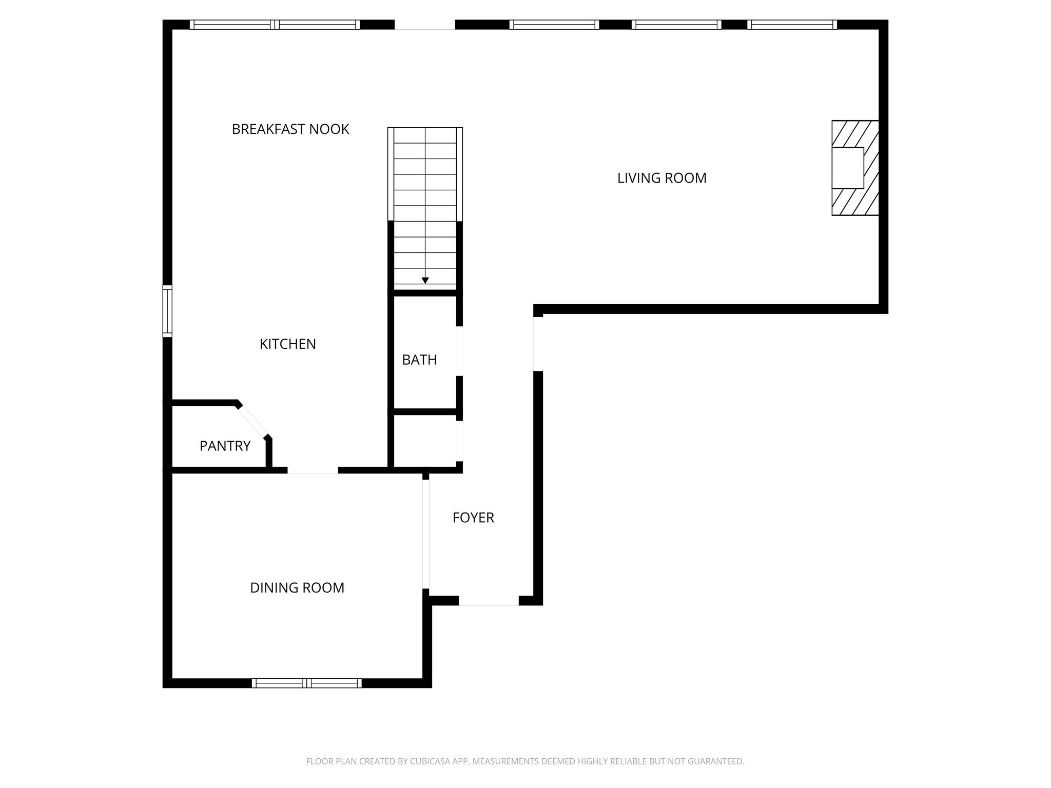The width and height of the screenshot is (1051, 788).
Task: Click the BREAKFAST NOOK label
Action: (x=290, y=129)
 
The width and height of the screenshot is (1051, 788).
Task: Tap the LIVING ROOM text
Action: (x=661, y=178)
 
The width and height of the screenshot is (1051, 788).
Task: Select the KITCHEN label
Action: (x=287, y=344)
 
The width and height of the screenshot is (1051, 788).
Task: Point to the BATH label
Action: (x=419, y=360)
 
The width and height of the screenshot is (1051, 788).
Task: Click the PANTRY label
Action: (x=225, y=446)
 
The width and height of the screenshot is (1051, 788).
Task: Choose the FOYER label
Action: (x=473, y=518)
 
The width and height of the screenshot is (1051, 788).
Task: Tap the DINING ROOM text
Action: (x=297, y=587)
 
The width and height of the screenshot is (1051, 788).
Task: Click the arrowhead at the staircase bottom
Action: (x=425, y=280)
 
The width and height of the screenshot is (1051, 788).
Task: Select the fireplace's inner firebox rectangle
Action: (x=847, y=168)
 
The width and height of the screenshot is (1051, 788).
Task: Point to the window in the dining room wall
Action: (x=306, y=683)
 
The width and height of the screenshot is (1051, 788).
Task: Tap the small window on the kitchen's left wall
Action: (x=167, y=311)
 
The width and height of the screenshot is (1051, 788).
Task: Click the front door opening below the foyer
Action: (x=489, y=601)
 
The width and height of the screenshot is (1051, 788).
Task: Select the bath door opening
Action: (x=460, y=351)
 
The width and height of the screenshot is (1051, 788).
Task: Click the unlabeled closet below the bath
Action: (x=424, y=441)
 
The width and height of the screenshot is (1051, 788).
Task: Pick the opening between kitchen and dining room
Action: (x=313, y=470)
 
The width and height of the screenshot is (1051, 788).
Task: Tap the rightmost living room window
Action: (x=792, y=24)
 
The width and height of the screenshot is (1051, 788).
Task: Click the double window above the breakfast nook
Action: (x=275, y=24)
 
